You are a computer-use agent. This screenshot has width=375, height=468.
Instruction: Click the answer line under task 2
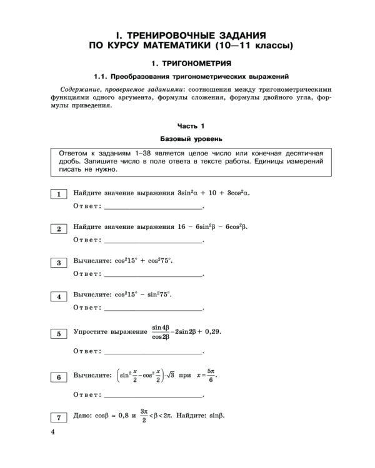[x=153, y=240]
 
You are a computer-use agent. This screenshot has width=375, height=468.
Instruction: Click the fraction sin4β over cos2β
[x=161, y=331]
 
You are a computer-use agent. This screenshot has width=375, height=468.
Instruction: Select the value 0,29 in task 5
[x=212, y=332]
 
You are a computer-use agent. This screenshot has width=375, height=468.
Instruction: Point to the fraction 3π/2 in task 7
[x=144, y=416]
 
